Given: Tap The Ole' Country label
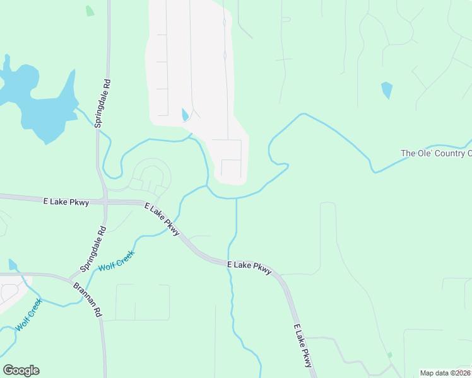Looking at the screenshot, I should click(436, 153).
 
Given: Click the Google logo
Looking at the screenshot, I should click(21, 370).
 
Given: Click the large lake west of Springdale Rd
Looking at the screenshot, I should click(38, 107).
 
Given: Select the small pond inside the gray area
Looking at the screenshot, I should click(185, 115).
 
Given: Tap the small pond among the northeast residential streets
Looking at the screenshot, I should click(387, 89).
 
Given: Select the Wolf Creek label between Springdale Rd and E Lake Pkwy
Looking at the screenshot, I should click(116, 260).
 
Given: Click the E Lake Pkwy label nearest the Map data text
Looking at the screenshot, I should click(303, 346).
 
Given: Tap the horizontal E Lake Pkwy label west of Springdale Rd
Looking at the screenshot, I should click(66, 202).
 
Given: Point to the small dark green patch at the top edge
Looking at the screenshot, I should click(90, 11).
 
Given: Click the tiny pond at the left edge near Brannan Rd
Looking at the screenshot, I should click(13, 265).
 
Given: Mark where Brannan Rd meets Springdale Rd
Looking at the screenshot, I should click(74, 277).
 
